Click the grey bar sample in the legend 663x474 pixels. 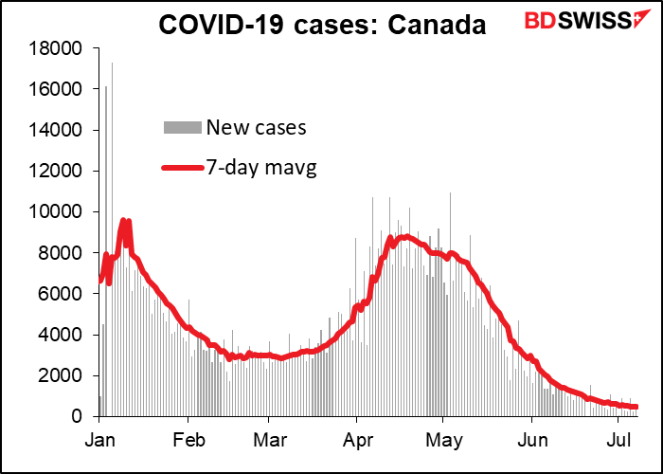pyautogui.click(x=183, y=127)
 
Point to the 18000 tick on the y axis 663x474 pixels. pyautogui.click(x=59, y=48)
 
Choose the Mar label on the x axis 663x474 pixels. pyautogui.click(x=269, y=441)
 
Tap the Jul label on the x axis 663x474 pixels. pyautogui.click(x=618, y=441)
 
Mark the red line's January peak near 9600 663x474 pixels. pyautogui.click(x=123, y=222)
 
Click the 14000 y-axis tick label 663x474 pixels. pyautogui.click(x=59, y=130)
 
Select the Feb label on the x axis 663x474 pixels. pyautogui.click(x=188, y=441)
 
